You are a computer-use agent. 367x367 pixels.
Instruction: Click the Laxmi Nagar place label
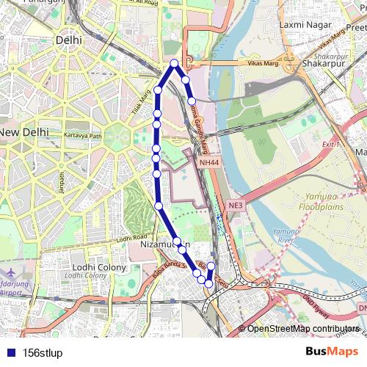tap(302, 25)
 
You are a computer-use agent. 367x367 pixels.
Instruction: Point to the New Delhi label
tap(24, 132)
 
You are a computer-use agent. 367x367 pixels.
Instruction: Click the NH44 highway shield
tap(208, 161)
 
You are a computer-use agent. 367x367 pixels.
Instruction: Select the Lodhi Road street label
tap(131, 239)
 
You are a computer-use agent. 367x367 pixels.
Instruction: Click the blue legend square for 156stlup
tap(8, 352)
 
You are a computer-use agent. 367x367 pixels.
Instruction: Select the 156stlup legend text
tap(43, 353)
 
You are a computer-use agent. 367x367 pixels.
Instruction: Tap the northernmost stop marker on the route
tap(174, 64)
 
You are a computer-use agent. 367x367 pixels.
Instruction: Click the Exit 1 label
tap(332, 145)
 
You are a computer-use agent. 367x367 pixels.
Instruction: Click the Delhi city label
tap(68, 40)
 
